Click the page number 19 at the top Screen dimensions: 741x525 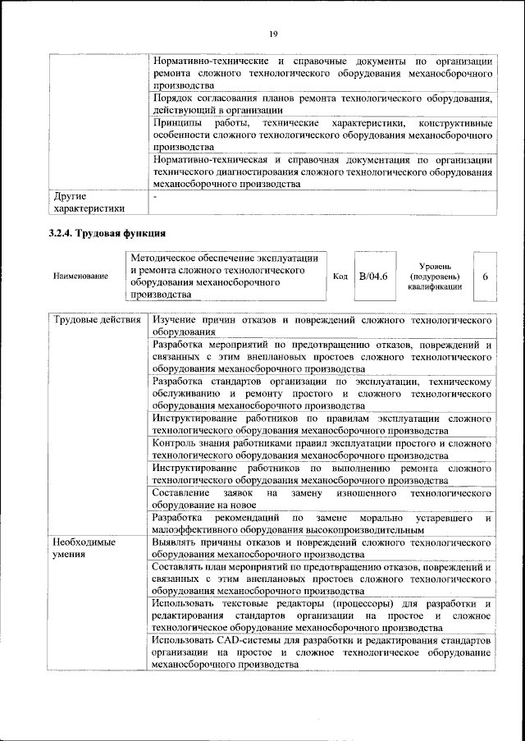pyautogui.click(x=273, y=33)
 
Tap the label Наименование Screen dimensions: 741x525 pyautogui.click(x=81, y=276)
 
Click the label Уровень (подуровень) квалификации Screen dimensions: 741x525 pyautogui.click(x=438, y=276)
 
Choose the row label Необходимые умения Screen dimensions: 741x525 pyautogui.click(x=85, y=549)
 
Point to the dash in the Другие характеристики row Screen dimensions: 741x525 pyautogui.click(x=154, y=197)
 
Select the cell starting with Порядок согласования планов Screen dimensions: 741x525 pyautogui.click(x=322, y=104)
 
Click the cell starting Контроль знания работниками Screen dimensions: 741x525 pyautogui.click(x=322, y=449)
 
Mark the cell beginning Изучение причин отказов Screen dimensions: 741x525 pyautogui.click(x=322, y=326)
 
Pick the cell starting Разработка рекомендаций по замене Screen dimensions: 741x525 pyautogui.click(x=322, y=524)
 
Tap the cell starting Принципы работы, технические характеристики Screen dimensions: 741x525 pyautogui.click(x=322, y=135)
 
